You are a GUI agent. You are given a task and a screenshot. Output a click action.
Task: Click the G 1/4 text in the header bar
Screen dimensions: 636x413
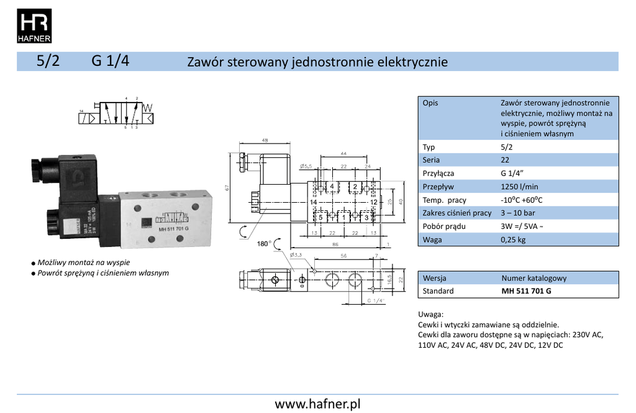[x=111, y=62]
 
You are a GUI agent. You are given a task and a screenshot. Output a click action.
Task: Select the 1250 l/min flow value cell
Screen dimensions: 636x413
[x=519, y=187]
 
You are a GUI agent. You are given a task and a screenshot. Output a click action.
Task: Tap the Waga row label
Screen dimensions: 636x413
[x=432, y=240]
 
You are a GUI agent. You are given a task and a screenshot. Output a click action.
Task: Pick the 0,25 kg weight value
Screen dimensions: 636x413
[x=513, y=240]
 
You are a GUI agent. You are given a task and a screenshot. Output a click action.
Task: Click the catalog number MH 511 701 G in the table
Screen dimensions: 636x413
[x=526, y=291]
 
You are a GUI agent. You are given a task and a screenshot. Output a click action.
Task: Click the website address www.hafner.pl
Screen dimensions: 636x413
[x=317, y=404]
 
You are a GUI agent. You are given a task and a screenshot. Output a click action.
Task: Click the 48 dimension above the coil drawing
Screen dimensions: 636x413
[x=265, y=141]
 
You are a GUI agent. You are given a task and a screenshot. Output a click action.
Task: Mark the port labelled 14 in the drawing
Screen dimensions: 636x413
[x=314, y=203]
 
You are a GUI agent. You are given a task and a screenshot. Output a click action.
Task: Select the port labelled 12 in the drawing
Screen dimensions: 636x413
[x=374, y=203]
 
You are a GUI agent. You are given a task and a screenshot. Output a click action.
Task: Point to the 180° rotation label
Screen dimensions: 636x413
[x=264, y=243]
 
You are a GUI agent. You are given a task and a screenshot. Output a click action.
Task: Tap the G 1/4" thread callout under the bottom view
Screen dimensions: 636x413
[x=376, y=300]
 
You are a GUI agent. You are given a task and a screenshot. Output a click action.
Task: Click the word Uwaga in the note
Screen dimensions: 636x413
[x=431, y=315]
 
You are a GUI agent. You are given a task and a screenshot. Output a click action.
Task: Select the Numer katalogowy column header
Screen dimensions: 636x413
[x=534, y=278]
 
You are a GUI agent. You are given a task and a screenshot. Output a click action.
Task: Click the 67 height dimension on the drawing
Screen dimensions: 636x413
[x=229, y=188]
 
